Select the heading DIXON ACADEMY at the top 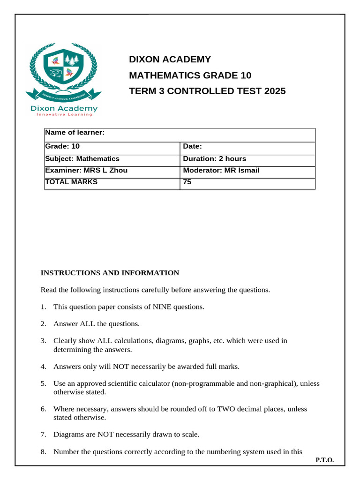click(170, 60)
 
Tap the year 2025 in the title click(275, 91)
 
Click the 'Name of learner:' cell click(75, 133)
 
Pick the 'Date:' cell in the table click(192, 146)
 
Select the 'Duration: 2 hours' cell click(214, 159)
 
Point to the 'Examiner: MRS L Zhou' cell click(86, 171)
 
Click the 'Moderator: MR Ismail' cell click(221, 171)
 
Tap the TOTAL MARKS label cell click(71, 182)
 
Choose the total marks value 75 click(187, 182)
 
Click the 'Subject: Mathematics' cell click(82, 159)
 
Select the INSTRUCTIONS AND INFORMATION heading click(110, 273)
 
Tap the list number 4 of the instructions click(43, 367)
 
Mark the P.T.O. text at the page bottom click(324, 460)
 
